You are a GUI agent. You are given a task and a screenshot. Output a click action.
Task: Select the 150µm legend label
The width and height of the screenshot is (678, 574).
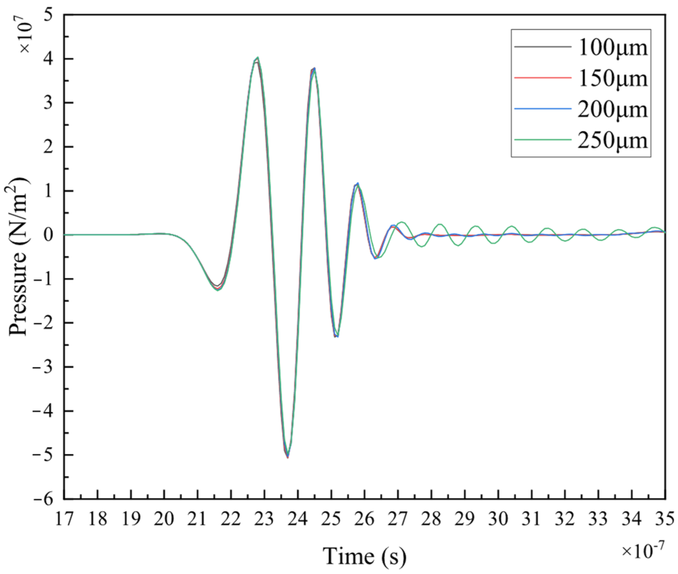point(612,79)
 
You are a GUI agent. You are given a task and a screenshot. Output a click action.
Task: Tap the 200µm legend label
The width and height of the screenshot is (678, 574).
point(612,110)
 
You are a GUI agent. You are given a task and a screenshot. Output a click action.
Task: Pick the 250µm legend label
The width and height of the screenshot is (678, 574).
point(612,140)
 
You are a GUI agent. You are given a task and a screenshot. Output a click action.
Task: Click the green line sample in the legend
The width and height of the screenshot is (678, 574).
point(542,139)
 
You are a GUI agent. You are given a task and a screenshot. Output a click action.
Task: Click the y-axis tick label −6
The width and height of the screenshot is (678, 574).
point(43,499)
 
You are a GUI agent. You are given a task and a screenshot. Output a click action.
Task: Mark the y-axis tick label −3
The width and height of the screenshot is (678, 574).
point(43,367)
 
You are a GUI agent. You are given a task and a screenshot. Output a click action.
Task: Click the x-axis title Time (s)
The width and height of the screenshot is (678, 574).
point(365,556)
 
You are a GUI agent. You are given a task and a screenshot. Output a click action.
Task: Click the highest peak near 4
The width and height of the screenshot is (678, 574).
point(257,58)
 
